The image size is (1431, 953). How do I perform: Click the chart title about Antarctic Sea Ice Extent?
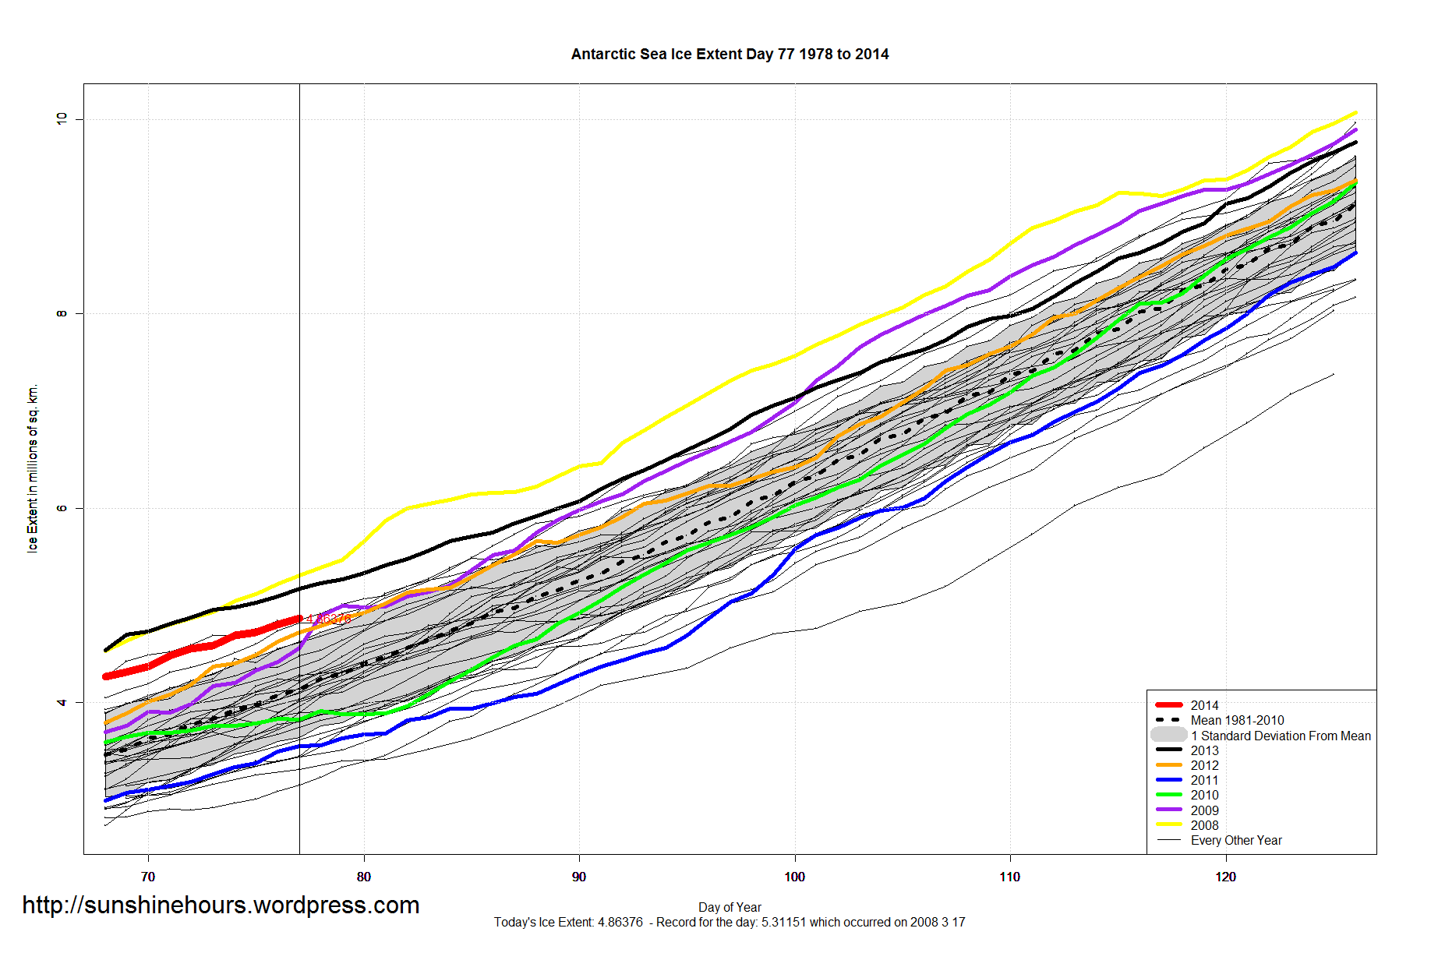730,55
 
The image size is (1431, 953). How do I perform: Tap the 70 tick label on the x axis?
148,877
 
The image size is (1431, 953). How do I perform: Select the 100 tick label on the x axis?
794,877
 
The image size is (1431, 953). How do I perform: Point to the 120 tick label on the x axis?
1225,877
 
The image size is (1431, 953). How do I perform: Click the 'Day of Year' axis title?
730,907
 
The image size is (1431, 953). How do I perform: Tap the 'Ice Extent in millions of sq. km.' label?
33,468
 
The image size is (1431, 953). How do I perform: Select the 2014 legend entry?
1204,705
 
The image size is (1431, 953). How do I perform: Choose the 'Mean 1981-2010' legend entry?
1237,720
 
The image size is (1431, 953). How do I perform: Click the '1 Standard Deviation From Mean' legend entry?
1281,736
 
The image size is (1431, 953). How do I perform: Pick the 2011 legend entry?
1204,780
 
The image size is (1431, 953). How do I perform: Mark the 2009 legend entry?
1204,810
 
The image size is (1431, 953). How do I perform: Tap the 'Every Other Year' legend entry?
1236,840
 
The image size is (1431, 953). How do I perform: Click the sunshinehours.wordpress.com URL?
221,905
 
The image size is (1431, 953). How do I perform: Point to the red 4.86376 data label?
328,619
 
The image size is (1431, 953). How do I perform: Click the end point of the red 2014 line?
299,619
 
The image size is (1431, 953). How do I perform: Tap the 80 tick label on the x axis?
363,877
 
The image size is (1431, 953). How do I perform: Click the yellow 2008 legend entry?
1204,825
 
